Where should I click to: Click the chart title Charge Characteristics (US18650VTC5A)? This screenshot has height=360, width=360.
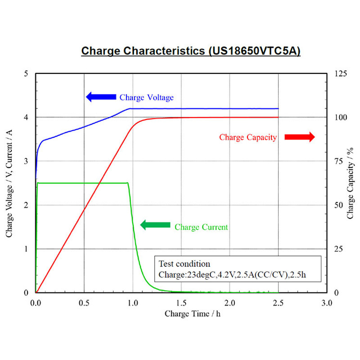click(191, 51)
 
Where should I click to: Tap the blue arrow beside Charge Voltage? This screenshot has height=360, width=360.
click(101, 97)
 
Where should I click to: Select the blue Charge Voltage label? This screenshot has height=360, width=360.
click(147, 97)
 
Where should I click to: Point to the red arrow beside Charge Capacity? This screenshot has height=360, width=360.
click(300, 137)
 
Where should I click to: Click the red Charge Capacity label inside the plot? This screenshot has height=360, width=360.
click(248, 137)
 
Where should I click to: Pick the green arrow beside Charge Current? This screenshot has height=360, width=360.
click(155, 225)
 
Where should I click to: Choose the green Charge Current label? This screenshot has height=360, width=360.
click(201, 227)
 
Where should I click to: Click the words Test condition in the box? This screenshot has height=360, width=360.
click(184, 264)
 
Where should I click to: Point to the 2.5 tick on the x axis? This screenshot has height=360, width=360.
click(278, 303)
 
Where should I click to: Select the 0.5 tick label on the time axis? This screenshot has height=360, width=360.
click(84, 303)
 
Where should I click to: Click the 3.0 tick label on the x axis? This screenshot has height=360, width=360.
click(327, 303)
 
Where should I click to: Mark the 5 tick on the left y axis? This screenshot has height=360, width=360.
click(26, 74)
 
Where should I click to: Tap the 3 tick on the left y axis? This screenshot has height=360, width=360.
click(26, 161)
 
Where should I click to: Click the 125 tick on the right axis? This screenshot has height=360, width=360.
click(341, 74)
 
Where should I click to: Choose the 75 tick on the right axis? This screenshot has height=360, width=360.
click(339, 161)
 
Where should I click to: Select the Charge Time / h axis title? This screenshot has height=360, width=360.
click(193, 314)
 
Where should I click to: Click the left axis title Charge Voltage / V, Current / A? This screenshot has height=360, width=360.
click(9, 184)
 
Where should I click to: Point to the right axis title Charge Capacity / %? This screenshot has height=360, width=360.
click(350, 183)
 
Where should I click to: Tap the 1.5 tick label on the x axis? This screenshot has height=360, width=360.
click(181, 303)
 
